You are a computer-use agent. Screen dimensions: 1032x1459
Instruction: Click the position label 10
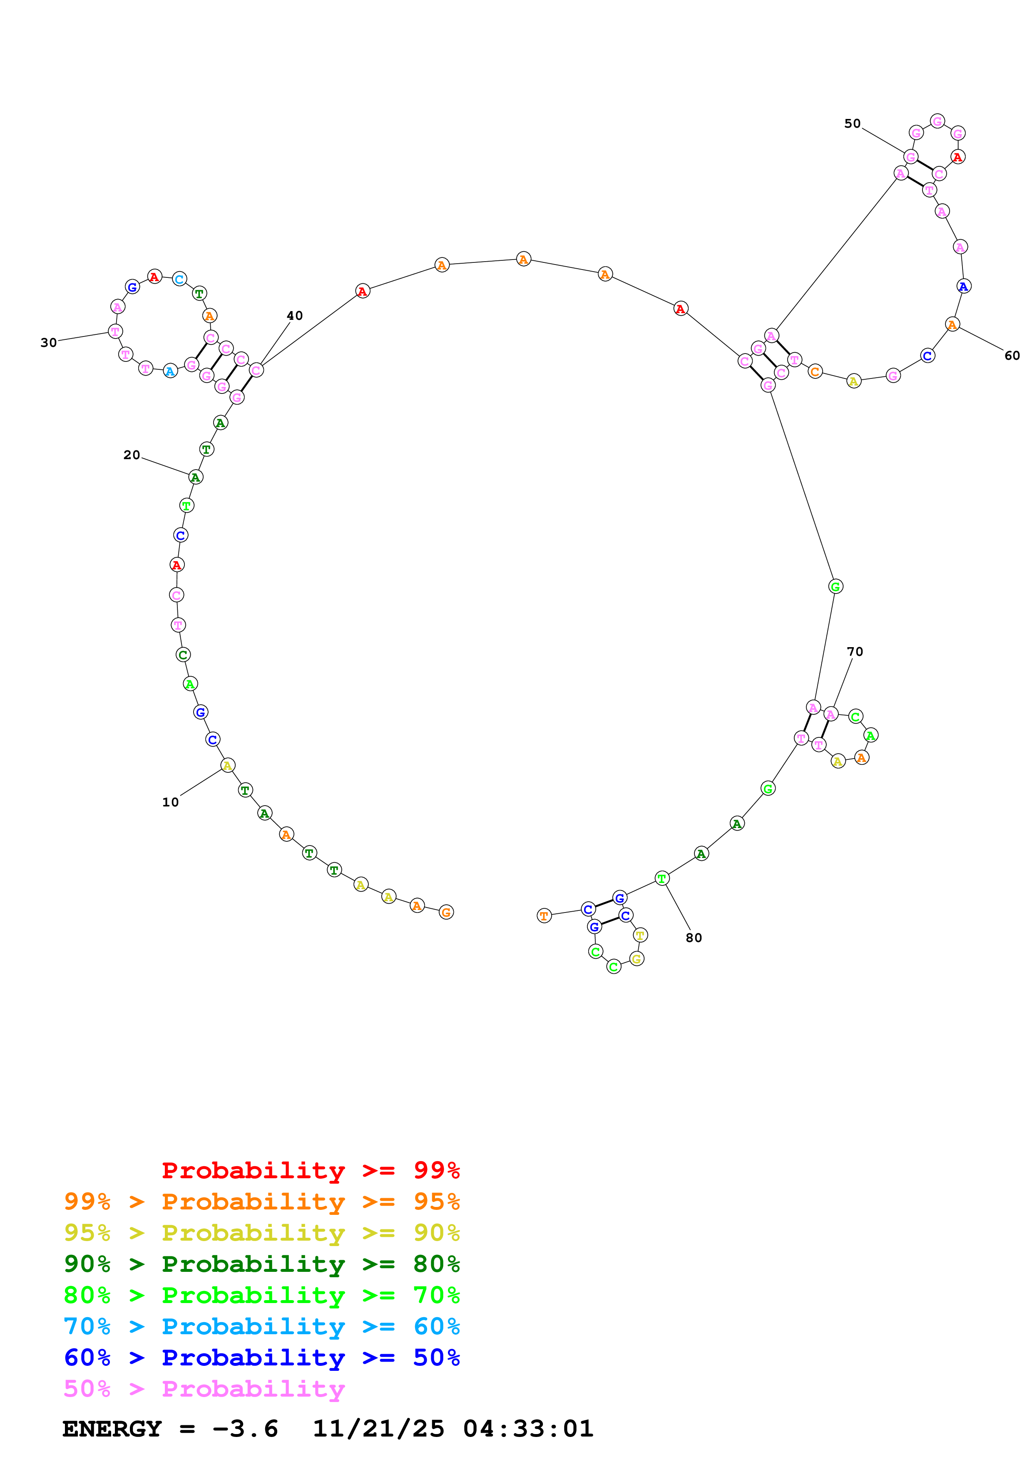[170, 802]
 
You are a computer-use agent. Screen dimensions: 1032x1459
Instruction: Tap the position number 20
[132, 455]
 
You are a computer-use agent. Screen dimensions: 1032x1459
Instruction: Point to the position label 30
[48, 343]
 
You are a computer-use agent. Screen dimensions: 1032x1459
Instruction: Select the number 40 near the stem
[294, 316]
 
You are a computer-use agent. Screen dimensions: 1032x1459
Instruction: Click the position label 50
[852, 124]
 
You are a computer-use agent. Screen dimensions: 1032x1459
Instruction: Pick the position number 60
[1012, 356]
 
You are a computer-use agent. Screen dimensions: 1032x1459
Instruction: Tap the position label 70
[855, 652]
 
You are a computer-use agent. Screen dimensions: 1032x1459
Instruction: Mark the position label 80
[694, 938]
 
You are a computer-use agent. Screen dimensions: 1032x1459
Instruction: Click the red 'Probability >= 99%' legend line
[310, 1170]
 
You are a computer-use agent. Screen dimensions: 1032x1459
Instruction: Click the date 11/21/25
[378, 1429]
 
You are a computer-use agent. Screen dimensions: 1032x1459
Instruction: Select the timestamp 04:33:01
[528, 1429]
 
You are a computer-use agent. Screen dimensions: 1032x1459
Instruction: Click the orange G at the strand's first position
[446, 912]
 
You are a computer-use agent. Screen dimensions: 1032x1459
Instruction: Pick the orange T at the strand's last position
[544, 916]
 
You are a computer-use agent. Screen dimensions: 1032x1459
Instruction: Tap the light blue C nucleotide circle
[179, 279]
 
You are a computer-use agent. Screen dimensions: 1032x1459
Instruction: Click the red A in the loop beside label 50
[957, 156]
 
